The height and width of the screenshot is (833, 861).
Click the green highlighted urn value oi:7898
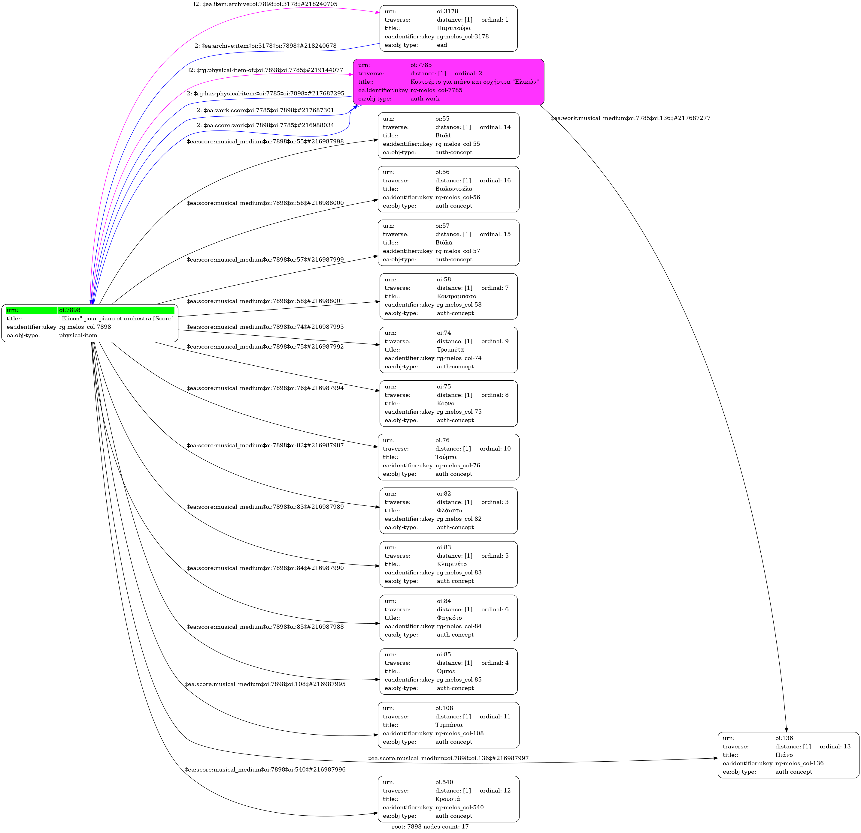[x=69, y=310]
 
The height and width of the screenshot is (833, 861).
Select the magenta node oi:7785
[x=448, y=82]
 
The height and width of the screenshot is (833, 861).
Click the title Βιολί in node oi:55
[x=443, y=136]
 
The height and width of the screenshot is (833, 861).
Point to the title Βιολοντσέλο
[x=453, y=189]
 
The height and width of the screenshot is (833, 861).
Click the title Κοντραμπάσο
[x=456, y=296]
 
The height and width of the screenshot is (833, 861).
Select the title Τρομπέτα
[x=450, y=350]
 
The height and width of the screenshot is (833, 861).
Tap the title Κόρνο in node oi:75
[x=445, y=403]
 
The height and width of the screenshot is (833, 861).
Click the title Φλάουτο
[x=449, y=511]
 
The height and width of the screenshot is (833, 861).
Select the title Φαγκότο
[x=449, y=618]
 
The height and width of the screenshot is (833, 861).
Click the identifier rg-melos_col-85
[x=459, y=680]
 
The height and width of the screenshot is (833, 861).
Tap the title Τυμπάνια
[x=448, y=725]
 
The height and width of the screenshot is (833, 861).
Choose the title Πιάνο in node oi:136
[x=784, y=755]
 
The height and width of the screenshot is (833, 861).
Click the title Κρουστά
[x=448, y=799]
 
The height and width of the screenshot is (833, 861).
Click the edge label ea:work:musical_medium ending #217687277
[x=631, y=118]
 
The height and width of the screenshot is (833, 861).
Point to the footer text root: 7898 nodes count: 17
[x=430, y=826]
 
